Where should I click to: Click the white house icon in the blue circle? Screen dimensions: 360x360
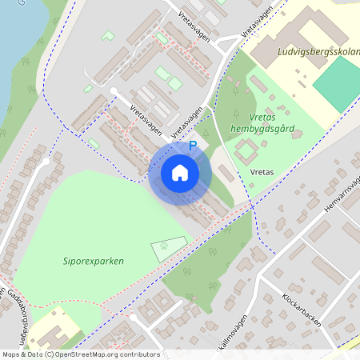pyautogui.click(x=180, y=173)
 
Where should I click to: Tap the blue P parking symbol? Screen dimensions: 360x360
pyautogui.click(x=192, y=146)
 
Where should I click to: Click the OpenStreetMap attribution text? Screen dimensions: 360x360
pyautogui.click(x=80, y=354)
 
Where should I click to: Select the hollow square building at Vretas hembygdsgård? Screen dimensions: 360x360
pyautogui.click(x=246, y=148)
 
